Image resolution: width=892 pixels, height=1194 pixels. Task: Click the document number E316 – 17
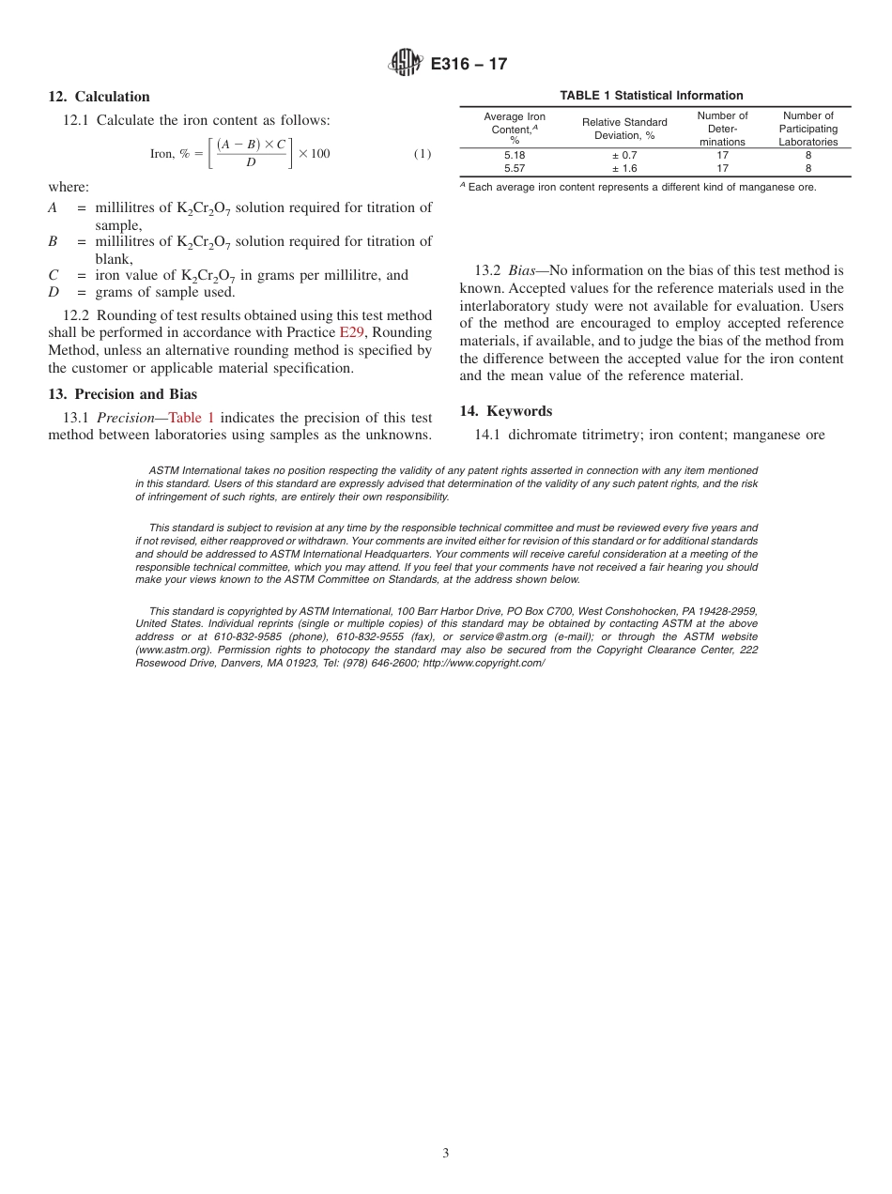click(469, 64)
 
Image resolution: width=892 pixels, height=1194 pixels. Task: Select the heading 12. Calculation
click(99, 97)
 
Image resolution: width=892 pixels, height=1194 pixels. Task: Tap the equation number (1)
click(423, 153)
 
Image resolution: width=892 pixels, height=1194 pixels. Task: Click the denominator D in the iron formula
click(251, 163)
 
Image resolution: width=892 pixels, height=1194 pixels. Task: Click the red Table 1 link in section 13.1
click(192, 418)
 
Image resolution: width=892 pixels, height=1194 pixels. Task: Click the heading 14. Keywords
click(506, 411)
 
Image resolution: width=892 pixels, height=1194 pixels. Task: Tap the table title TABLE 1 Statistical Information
click(652, 96)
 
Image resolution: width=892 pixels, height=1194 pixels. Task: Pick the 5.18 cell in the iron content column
click(515, 155)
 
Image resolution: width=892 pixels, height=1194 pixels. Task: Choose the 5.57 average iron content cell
click(515, 169)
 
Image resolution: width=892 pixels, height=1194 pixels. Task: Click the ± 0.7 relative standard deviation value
click(624, 155)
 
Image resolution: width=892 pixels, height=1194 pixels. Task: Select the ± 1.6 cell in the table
click(624, 169)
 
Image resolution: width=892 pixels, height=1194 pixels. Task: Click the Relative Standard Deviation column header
click(624, 129)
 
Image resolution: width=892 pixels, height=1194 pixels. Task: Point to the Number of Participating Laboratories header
click(807, 129)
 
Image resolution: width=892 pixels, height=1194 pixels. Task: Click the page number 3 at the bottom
click(446, 1154)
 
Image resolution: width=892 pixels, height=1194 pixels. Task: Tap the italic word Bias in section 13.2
click(521, 271)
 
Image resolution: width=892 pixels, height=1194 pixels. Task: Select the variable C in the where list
click(54, 275)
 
